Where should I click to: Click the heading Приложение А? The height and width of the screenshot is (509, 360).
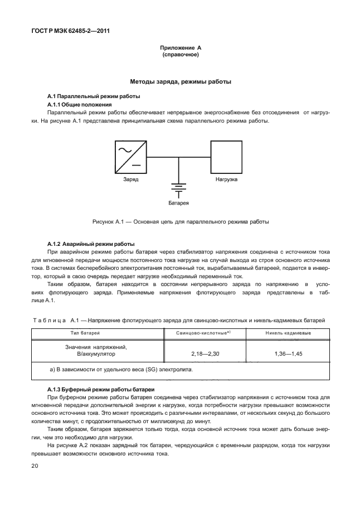coord(180,49)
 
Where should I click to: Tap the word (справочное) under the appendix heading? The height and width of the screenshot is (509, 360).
coord(180,55)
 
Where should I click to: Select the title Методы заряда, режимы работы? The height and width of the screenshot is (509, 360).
coord(180,81)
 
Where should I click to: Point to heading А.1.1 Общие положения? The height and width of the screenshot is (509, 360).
coord(80,104)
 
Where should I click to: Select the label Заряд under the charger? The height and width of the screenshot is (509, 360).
coord(130,180)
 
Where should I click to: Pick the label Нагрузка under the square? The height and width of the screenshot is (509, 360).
coord(226,180)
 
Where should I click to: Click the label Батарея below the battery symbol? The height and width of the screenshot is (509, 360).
coord(178,203)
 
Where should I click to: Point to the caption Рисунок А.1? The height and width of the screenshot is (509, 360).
coord(180,221)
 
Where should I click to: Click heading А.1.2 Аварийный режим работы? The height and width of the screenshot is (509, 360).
coord(91,244)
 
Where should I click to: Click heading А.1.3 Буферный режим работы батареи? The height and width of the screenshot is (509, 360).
coord(100,389)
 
